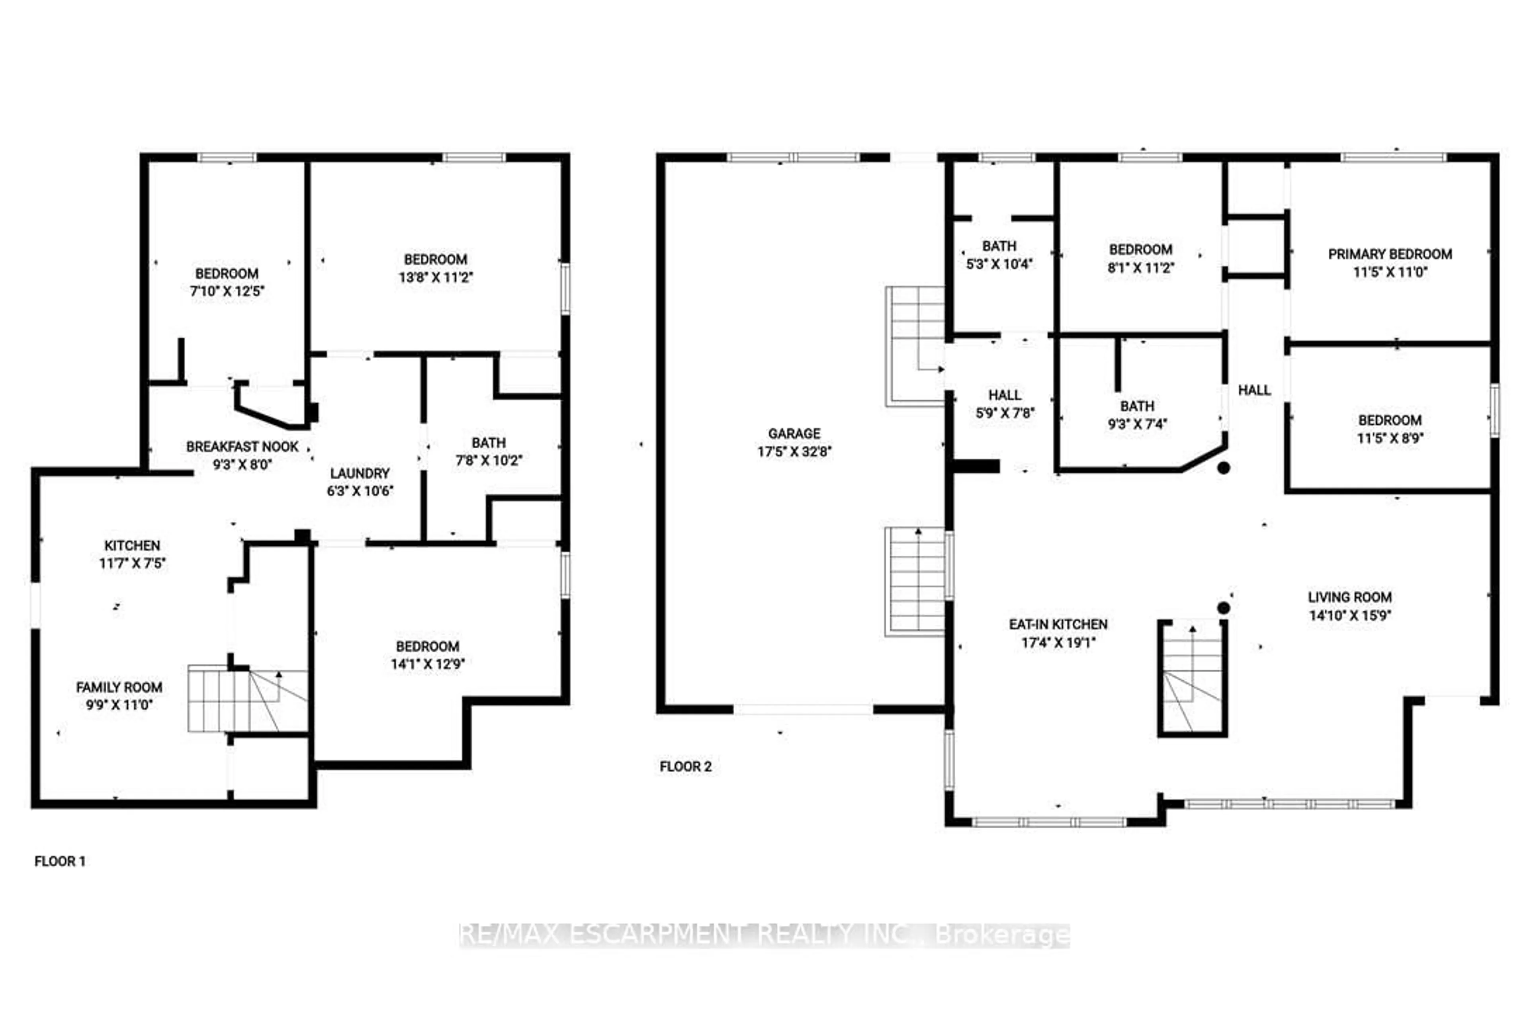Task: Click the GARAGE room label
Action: tap(794, 433)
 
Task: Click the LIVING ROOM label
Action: tap(1349, 597)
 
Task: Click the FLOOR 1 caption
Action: tap(60, 861)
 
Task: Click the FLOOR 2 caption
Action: tap(685, 767)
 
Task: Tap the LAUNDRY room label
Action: tap(360, 473)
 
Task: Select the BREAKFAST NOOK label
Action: tap(242, 447)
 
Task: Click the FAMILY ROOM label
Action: tap(119, 687)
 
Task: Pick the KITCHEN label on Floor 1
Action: tap(132, 545)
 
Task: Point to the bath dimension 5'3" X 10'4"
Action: tap(999, 264)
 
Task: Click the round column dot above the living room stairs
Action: tap(1224, 608)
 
